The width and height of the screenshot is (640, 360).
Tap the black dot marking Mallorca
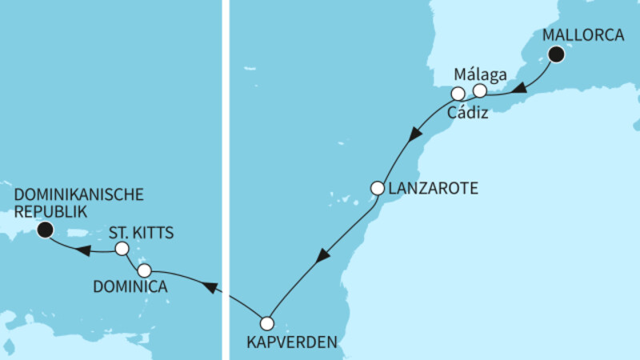click(556, 54)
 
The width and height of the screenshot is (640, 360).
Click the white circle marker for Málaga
click(479, 90)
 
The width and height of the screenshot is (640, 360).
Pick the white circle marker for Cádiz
click(458, 94)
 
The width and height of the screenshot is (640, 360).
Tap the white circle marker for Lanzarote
click(378, 189)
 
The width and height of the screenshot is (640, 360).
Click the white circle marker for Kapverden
click(266, 323)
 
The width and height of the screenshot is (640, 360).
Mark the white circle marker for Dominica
click(144, 270)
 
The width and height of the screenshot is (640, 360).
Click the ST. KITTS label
click(141, 233)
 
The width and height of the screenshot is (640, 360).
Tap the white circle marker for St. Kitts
click(122, 249)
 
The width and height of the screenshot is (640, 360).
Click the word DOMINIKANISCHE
click(79, 194)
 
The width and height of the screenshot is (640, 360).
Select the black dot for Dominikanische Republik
click(46, 230)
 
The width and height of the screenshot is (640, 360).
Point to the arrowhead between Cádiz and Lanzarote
click(414, 135)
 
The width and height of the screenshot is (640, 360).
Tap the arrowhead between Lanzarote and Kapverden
click(322, 257)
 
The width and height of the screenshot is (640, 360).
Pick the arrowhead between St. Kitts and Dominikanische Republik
click(83, 250)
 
